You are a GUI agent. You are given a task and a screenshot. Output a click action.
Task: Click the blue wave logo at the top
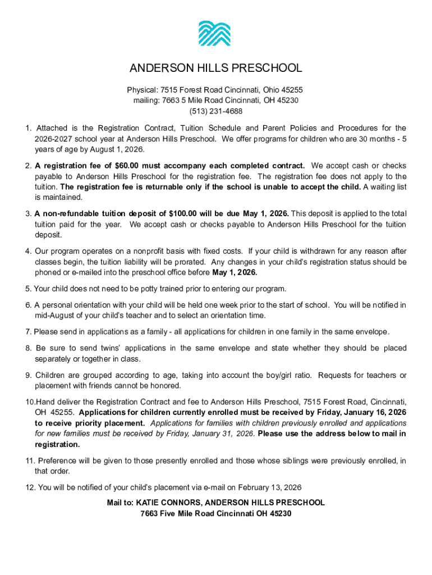[214, 33]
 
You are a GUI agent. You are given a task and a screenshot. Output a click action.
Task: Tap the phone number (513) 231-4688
[215, 111]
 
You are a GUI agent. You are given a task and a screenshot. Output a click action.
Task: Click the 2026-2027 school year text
[56, 139]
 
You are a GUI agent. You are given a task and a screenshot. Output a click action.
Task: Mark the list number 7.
[28, 332]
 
